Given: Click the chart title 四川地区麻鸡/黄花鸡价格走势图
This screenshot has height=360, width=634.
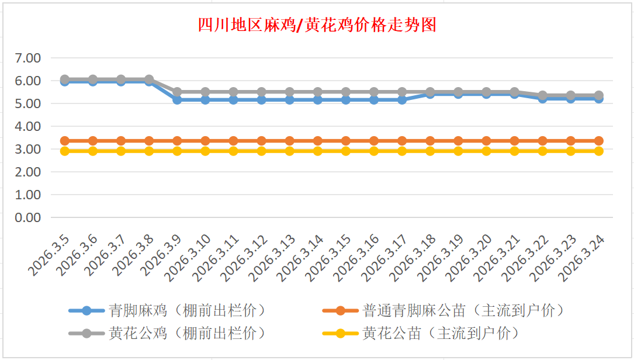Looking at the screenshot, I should pos(317,25).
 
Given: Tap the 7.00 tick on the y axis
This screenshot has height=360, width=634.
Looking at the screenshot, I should pos(28,58).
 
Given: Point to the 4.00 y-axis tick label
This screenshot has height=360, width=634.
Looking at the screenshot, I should pos(28,126).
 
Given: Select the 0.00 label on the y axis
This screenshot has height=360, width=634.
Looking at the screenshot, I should pos(28,217).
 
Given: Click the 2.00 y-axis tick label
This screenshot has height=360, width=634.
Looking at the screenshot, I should pos(28,172).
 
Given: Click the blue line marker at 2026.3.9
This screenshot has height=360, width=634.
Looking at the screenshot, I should pos(177,100).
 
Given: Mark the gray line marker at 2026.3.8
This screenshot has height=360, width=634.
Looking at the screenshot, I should pos(149,79).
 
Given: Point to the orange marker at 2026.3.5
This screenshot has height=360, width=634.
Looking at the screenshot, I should pos(65,141).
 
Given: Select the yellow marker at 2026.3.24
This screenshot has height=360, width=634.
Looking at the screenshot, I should pos(598,151).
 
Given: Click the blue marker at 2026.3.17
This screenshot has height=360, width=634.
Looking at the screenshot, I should pos(402,100).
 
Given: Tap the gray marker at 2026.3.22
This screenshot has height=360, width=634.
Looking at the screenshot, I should pos(542,95).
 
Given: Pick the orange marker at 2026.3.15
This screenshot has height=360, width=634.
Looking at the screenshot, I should pos(346,141).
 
